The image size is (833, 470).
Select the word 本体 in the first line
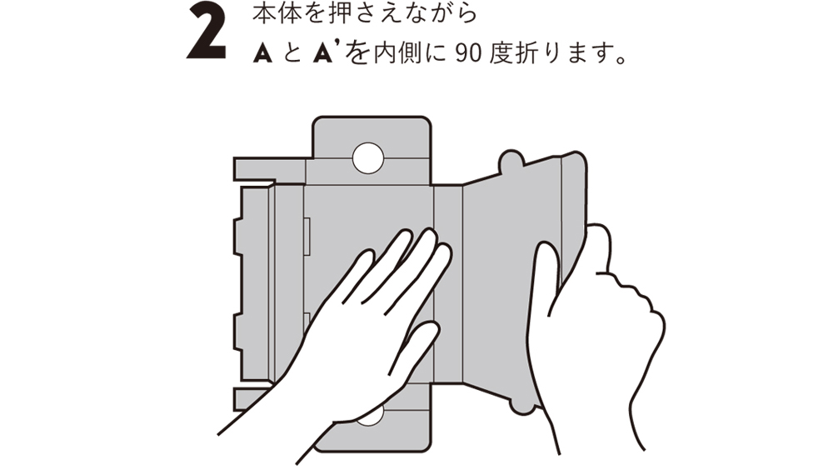[273, 14]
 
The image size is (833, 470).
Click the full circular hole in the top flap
[367, 157]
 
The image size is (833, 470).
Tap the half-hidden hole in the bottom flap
[370, 417]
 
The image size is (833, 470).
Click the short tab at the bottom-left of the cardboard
[250, 399]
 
